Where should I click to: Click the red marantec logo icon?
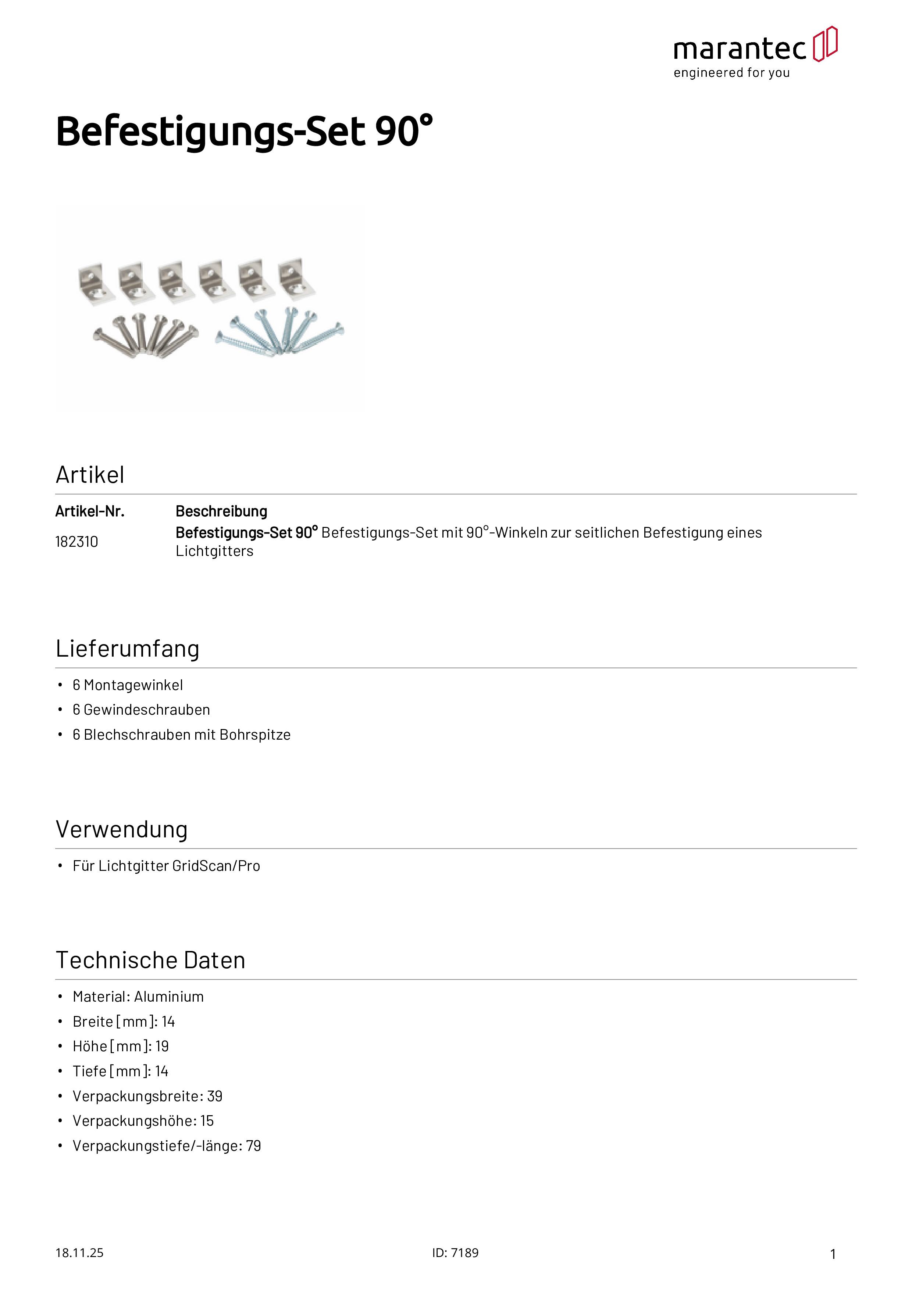coord(825,44)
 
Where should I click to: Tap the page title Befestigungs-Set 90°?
coord(245,132)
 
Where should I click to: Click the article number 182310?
coord(76,542)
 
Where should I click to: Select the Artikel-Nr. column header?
coord(90,511)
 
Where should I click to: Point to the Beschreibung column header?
coord(221,511)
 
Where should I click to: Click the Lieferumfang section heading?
coord(128,649)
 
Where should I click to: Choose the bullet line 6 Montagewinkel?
coord(128,685)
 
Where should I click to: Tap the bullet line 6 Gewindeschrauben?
coord(141,710)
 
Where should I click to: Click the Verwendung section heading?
coord(121,829)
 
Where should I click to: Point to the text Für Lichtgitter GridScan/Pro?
coord(166,866)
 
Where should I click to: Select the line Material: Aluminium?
coord(138,997)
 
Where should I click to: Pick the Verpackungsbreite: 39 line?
coord(147,1096)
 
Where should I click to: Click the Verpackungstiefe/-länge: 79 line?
coord(167,1146)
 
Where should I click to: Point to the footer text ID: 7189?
coord(455,1253)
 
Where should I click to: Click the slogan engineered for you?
coord(732,73)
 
